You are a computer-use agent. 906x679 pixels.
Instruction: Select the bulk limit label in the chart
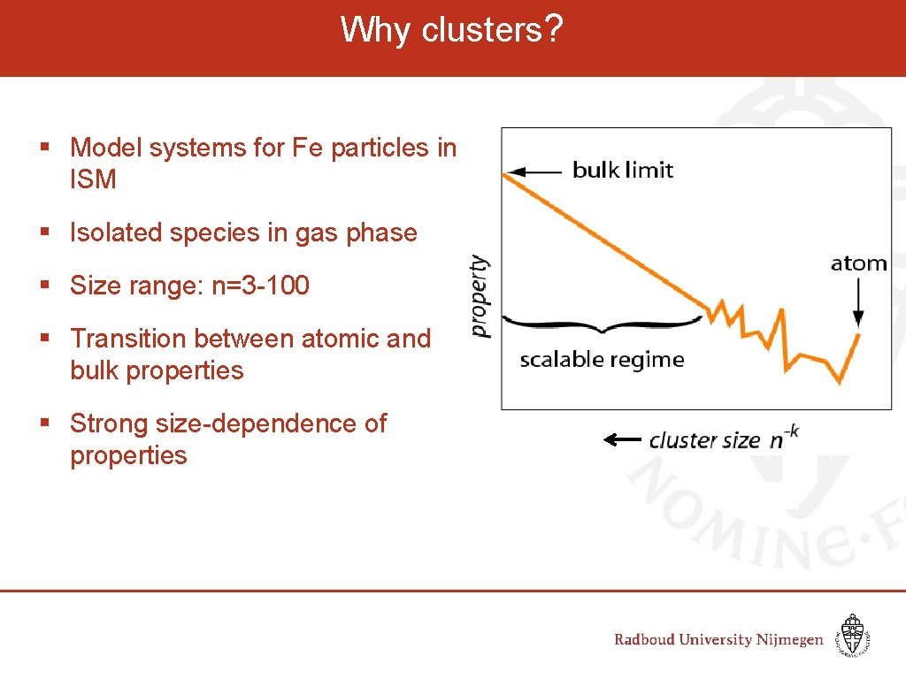pyautogui.click(x=623, y=170)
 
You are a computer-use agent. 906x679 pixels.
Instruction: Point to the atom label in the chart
pyautogui.click(x=858, y=263)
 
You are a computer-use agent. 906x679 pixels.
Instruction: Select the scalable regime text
pyautogui.click(x=602, y=360)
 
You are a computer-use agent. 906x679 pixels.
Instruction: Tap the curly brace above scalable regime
pyautogui.click(x=603, y=322)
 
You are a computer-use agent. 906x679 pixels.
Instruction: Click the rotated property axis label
pyautogui.click(x=479, y=296)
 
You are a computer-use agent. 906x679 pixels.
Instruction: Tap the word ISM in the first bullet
pyautogui.click(x=93, y=179)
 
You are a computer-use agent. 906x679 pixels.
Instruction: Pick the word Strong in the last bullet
pyautogui.click(x=109, y=423)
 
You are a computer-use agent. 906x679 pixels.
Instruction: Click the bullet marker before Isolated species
pyautogui.click(x=44, y=233)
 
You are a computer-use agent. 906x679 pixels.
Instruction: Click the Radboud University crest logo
pyautogui.click(x=852, y=635)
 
